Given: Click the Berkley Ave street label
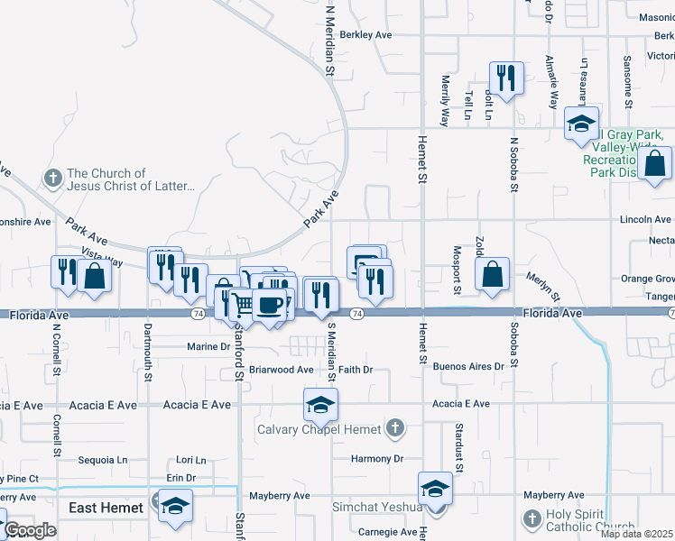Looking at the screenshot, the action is click(x=365, y=35).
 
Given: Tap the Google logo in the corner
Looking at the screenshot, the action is click(x=30, y=530).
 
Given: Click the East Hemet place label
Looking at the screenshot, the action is click(x=106, y=508).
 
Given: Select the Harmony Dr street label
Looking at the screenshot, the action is click(x=377, y=459).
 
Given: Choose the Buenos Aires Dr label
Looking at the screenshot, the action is click(x=467, y=367).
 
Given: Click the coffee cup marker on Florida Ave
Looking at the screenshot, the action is click(x=268, y=305).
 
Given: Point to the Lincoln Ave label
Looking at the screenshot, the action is click(x=645, y=219).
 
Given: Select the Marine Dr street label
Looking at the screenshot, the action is click(x=208, y=346).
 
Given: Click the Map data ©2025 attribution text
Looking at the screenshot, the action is click(x=637, y=534).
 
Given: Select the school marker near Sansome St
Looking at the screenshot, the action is click(x=581, y=124).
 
